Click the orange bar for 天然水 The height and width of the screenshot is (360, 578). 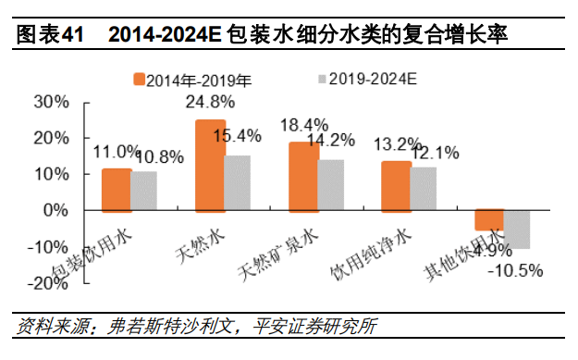click(x=210, y=165)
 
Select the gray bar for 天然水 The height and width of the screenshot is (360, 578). click(x=239, y=182)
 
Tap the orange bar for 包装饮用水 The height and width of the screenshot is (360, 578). click(x=116, y=190)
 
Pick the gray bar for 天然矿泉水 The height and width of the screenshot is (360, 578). click(x=332, y=185)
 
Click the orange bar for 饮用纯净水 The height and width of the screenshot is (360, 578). click(x=397, y=186)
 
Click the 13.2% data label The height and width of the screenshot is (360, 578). click(x=396, y=144)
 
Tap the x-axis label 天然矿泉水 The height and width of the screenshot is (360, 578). click(x=269, y=246)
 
